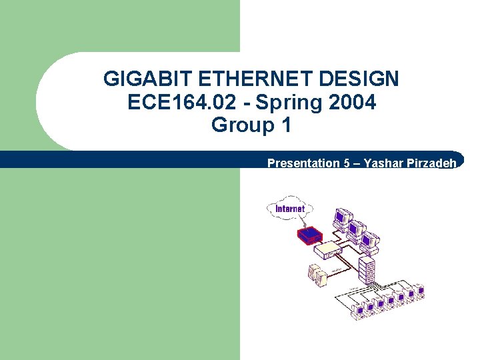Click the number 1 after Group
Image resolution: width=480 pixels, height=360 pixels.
click(x=287, y=125)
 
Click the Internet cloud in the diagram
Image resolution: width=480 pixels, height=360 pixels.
click(x=289, y=208)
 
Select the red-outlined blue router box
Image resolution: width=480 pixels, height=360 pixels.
click(x=310, y=235)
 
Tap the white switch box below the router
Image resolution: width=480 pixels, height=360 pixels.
click(x=327, y=251)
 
